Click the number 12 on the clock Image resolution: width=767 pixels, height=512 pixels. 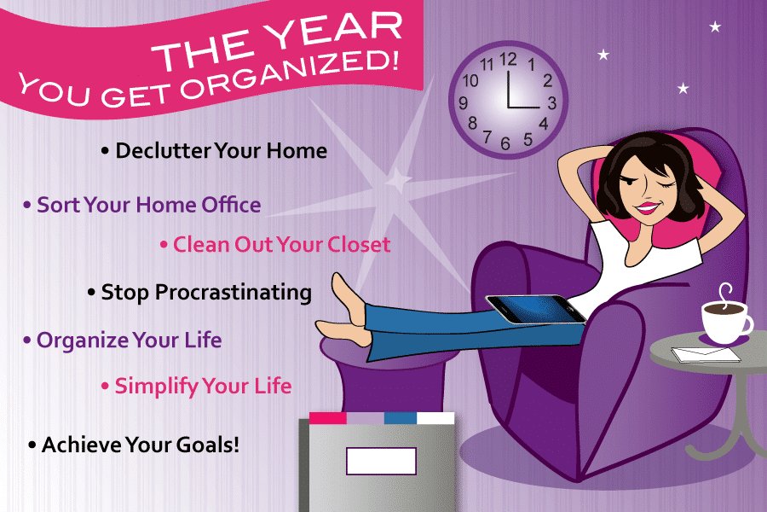point(508,60)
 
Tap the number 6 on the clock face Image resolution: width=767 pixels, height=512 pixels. point(505,143)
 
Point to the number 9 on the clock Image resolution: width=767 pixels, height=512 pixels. point(464,103)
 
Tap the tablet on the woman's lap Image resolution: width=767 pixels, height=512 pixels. point(536,309)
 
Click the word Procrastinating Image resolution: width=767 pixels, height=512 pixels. point(234,293)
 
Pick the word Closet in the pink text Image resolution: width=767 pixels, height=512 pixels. point(359,245)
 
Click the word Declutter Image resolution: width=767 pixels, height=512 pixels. point(164,150)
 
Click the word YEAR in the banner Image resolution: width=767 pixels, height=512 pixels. point(333,28)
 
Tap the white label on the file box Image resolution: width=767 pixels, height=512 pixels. point(381,461)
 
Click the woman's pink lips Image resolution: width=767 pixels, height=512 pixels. point(647,207)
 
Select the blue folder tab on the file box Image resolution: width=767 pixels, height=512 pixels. point(401,418)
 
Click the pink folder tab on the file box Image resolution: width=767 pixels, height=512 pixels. point(328,418)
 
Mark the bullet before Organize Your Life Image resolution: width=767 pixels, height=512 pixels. point(27,340)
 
